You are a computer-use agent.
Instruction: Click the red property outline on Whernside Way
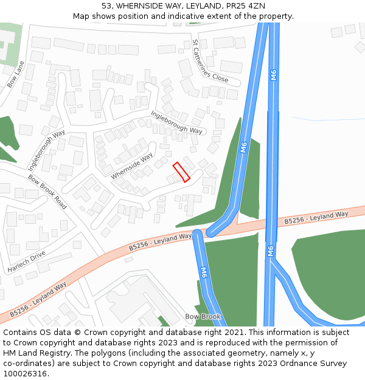[181, 172]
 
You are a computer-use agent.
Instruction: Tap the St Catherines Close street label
[210, 61]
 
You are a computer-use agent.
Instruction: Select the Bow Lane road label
[16, 74]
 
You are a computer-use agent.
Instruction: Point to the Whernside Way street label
[132, 166]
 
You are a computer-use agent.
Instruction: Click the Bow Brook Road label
[47, 192]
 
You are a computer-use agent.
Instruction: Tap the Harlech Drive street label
[27, 261]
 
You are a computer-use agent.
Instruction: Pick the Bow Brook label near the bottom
[203, 317]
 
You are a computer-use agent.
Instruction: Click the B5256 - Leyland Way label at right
[316, 218]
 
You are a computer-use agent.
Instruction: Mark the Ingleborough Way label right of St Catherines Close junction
[176, 122]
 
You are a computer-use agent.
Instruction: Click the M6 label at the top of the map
[274, 75]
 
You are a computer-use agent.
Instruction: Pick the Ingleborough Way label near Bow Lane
[46, 150]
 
